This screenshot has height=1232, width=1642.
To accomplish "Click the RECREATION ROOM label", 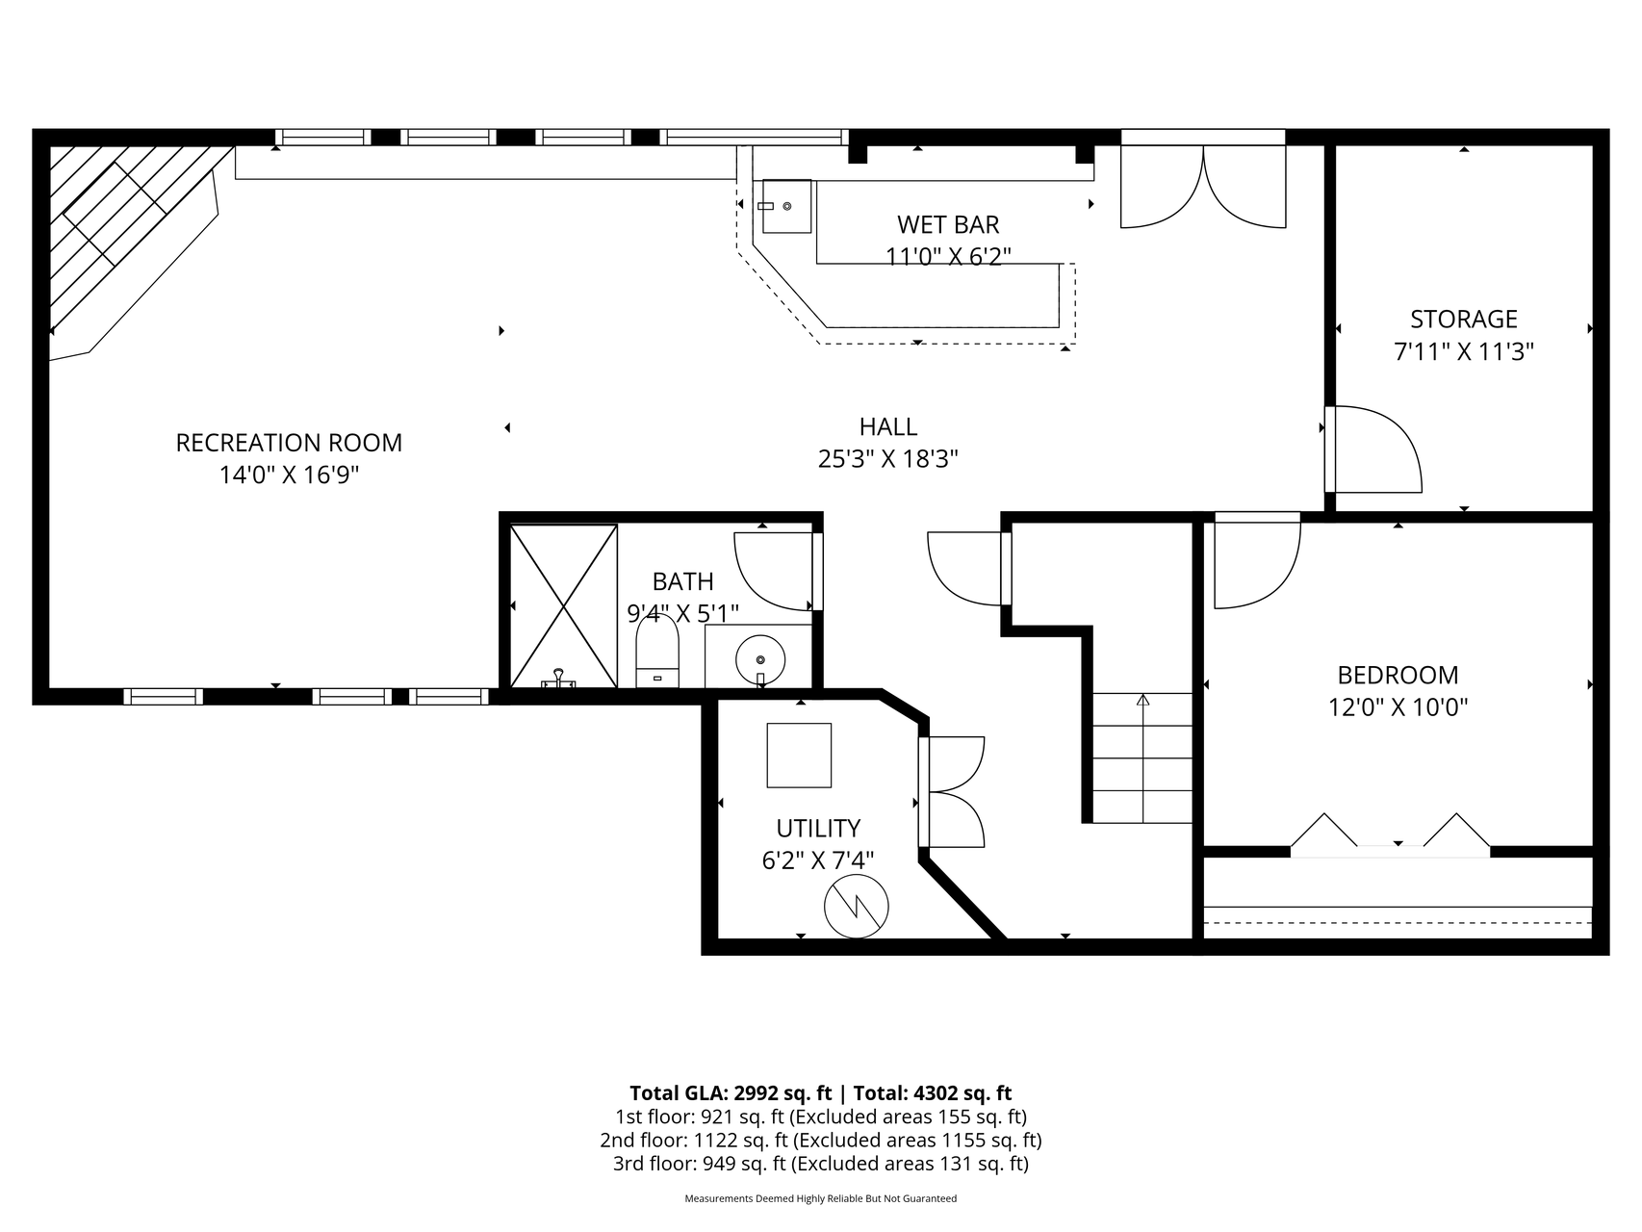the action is point(289,443).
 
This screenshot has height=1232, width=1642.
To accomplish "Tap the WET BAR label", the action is point(948,224).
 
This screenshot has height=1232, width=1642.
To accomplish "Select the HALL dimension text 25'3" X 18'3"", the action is point(888,459).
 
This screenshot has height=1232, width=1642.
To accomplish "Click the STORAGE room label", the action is point(1464,319).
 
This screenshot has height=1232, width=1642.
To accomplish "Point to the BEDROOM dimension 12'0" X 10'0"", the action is point(1398,707).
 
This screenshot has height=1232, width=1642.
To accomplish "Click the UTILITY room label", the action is point(818,828).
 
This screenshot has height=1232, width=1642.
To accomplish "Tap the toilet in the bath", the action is point(658,652).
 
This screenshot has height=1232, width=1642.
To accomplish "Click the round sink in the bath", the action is point(760,660).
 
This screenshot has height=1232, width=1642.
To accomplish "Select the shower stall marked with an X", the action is point(563,606).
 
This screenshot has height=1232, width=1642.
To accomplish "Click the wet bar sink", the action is point(787,206).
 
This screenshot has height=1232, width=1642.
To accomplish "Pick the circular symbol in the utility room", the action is point(857,907).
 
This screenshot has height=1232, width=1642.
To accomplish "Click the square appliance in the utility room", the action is point(799,756).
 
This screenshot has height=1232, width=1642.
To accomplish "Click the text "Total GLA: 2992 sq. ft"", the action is point(730,1093).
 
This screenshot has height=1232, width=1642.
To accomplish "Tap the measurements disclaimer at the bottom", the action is point(821,1199).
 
